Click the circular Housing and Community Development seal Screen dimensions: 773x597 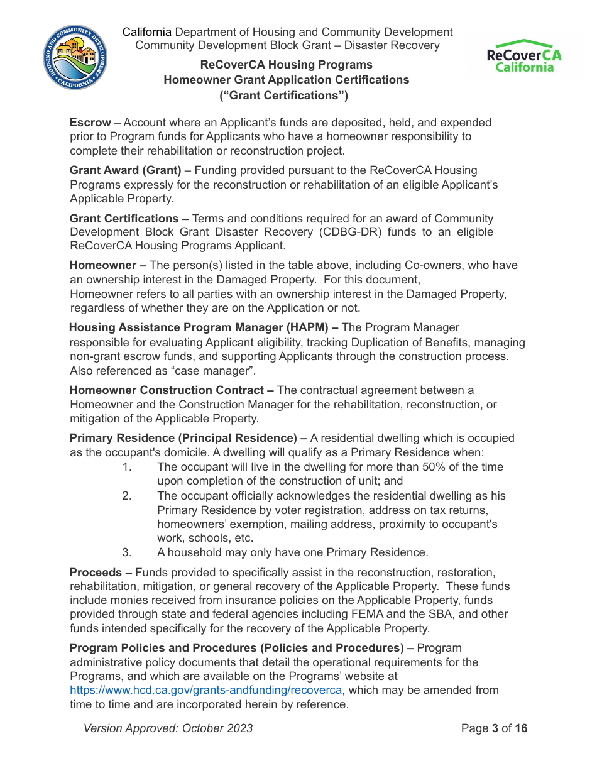tap(75, 58)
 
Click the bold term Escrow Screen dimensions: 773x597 tap(90, 123)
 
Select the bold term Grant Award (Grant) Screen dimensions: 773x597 tap(126, 170)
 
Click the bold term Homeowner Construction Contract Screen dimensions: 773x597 tap(167, 390)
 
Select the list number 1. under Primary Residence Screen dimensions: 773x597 tap(127, 467)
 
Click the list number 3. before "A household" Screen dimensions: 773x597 tap(127, 552)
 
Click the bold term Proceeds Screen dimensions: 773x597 tap(96, 573)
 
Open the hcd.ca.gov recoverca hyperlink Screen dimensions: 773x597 tap(206, 690)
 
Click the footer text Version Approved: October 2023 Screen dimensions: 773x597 tap(168, 728)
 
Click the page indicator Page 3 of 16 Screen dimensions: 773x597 tap(494, 728)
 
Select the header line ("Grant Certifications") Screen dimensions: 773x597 tap(283, 96)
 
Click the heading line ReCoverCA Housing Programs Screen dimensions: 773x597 tap(286, 65)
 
